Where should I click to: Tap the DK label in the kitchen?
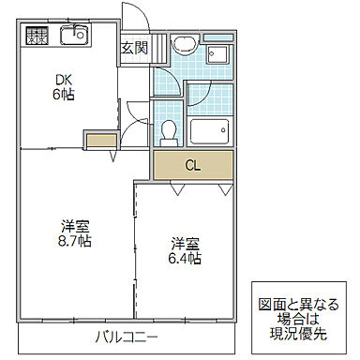point(62,79)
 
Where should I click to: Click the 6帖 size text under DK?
point(62,94)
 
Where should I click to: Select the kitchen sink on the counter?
point(73,37)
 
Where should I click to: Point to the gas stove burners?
point(37,37)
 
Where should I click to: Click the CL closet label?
point(192,168)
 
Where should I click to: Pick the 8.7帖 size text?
point(77,241)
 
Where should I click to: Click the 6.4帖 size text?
point(185,259)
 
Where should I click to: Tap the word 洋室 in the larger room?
point(77,226)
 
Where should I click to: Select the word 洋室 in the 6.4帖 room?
point(185,244)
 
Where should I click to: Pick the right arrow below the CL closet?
point(225,190)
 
